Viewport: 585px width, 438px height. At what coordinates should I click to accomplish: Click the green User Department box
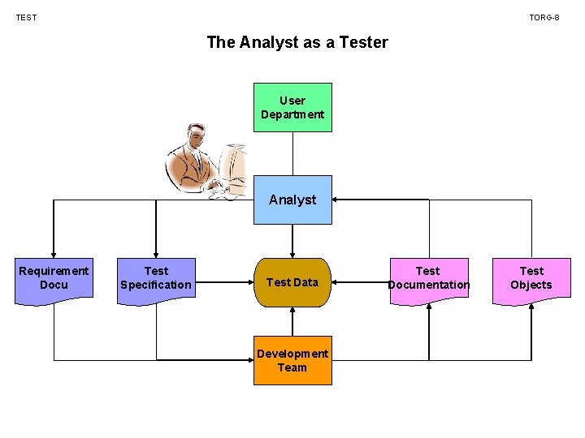(292, 107)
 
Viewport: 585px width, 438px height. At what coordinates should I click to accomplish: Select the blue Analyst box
(292, 200)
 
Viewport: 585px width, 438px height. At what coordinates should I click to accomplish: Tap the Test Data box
(292, 282)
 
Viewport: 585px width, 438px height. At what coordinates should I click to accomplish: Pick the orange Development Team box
(292, 360)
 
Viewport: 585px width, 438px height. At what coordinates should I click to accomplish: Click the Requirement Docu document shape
(54, 279)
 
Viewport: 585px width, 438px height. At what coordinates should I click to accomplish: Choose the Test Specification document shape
(156, 279)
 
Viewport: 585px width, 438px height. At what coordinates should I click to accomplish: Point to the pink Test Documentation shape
(428, 279)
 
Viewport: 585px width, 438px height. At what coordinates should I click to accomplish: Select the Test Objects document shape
(531, 279)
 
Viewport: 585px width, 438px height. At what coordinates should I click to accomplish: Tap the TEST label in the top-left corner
(26, 17)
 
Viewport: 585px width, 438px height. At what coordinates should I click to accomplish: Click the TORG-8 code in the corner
(544, 17)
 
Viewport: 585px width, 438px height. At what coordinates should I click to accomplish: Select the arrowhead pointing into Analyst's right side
(337, 200)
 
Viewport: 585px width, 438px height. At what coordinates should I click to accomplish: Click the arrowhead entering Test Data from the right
(337, 282)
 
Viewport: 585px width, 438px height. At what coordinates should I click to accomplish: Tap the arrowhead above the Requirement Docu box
(54, 253)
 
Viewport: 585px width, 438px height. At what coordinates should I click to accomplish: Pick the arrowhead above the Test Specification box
(156, 253)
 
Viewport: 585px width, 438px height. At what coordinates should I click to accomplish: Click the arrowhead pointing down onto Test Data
(292, 253)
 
